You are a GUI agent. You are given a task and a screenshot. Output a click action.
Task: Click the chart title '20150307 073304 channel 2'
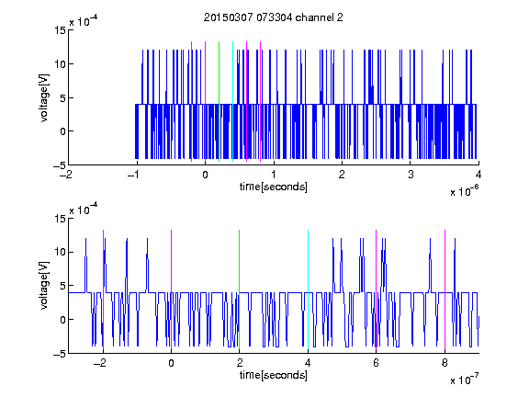click(x=274, y=17)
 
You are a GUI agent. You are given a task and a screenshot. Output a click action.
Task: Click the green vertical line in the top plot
click(x=219, y=102)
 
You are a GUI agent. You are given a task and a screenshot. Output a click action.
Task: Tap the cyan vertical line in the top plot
click(x=232, y=102)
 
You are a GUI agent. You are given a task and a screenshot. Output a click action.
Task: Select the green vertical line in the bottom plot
click(x=239, y=289)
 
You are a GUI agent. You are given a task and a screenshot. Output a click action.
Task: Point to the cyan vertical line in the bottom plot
click(x=308, y=289)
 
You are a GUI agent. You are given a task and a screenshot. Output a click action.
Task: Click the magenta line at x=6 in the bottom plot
click(x=377, y=289)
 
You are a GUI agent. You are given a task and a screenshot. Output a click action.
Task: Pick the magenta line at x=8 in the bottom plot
click(x=445, y=289)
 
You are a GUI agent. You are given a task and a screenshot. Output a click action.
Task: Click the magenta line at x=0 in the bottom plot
click(x=172, y=289)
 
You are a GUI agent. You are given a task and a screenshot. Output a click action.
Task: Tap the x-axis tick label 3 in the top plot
click(x=411, y=175)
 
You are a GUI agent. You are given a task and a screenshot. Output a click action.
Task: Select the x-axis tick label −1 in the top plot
click(x=134, y=175)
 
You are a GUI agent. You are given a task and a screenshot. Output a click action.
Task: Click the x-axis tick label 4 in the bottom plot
click(x=308, y=363)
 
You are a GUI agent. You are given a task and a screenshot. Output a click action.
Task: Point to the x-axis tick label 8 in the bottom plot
click(x=445, y=363)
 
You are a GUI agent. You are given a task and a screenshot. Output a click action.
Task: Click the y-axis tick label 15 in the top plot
click(x=60, y=30)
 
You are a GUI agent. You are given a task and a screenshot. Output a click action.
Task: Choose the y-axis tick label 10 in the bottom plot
click(x=60, y=252)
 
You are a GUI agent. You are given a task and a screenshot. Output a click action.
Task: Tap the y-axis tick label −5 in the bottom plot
click(x=60, y=354)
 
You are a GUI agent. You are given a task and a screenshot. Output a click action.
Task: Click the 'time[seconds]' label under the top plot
click(x=274, y=187)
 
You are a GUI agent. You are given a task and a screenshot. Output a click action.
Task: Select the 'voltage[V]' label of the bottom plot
click(x=44, y=286)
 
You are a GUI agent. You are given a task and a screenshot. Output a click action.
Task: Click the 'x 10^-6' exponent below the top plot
click(x=464, y=190)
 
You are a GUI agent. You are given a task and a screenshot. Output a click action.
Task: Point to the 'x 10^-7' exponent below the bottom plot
click(x=464, y=379)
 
